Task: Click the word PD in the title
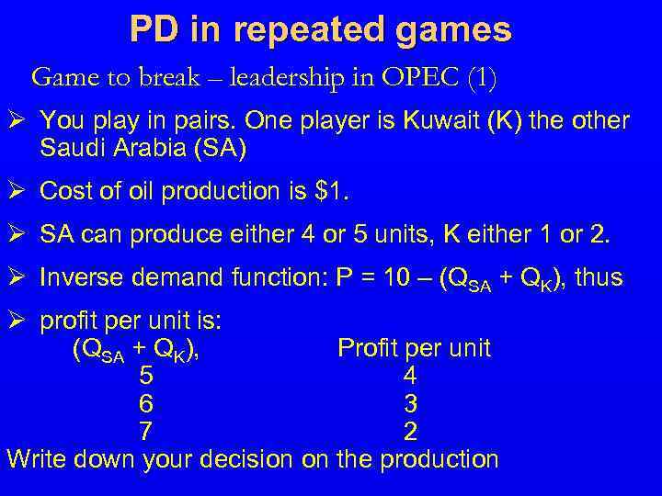click(x=154, y=29)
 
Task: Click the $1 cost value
click(x=332, y=191)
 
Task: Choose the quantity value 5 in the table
click(x=146, y=376)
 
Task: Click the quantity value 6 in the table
click(x=146, y=403)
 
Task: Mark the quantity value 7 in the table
click(x=146, y=431)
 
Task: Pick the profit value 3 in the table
click(x=410, y=403)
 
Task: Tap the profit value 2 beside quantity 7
click(x=410, y=431)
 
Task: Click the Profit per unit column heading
click(x=414, y=348)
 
